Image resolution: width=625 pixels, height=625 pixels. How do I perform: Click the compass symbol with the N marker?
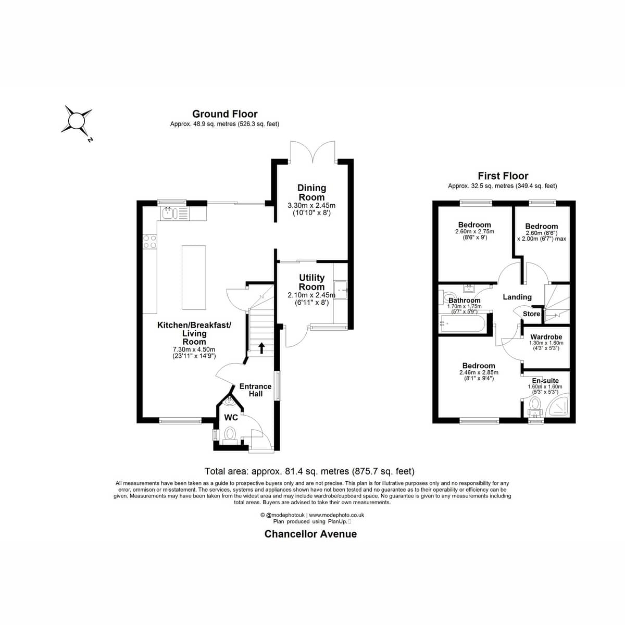tap(77, 121)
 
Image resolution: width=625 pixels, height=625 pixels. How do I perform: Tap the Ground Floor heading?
tap(225, 114)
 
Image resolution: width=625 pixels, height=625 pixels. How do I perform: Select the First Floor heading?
tap(503, 176)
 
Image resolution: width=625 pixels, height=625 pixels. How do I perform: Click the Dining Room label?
tap(311, 192)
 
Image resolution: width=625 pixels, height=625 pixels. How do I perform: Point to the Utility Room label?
tap(311, 282)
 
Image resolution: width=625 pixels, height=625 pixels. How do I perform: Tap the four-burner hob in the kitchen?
tap(150, 242)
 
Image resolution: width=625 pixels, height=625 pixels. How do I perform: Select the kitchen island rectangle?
tap(194, 277)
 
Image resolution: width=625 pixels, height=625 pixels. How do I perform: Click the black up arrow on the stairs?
tap(261, 348)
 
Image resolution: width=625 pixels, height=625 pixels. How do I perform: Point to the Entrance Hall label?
tap(256, 390)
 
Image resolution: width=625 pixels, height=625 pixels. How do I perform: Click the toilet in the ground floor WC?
tap(230, 435)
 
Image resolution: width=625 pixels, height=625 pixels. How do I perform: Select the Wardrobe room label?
tap(546, 337)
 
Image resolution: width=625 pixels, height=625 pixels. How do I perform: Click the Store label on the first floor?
tap(531, 314)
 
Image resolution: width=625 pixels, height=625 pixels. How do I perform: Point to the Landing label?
tap(517, 297)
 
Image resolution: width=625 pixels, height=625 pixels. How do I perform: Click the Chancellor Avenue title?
tap(310, 534)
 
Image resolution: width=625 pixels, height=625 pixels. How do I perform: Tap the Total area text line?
tap(309, 471)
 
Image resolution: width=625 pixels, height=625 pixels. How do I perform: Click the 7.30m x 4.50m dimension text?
tap(194, 349)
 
